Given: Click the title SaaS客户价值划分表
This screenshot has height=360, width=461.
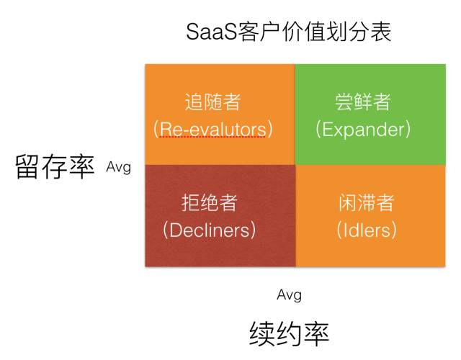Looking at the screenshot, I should click(288, 32).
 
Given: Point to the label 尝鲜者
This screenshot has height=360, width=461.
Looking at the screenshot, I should click(363, 102).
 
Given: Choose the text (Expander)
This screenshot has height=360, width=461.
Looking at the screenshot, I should click(363, 129).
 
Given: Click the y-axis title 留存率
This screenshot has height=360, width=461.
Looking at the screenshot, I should click(55, 168).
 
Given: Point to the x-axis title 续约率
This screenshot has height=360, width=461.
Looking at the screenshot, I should click(289, 333).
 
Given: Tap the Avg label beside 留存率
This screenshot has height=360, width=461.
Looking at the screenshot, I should click(118, 167).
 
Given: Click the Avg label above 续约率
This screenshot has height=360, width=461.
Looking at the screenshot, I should click(289, 294).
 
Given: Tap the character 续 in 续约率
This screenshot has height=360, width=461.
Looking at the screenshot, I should click(262, 333).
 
